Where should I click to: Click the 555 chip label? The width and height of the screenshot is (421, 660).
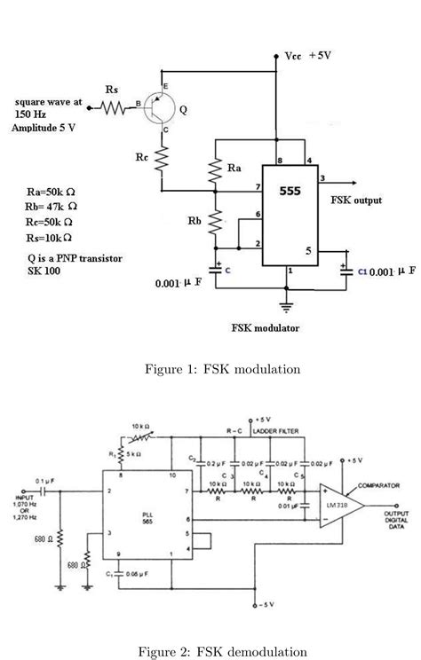(290, 192)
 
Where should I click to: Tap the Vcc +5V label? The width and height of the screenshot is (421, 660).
(308, 56)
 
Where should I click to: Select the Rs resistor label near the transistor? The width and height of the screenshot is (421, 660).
(112, 90)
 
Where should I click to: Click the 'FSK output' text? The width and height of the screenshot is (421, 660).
(356, 200)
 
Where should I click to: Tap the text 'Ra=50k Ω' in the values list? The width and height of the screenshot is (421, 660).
(51, 192)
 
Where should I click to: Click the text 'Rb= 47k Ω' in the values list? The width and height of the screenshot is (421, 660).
(51, 207)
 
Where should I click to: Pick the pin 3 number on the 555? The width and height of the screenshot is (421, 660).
(322, 177)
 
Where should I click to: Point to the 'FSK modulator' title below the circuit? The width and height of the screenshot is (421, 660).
(266, 327)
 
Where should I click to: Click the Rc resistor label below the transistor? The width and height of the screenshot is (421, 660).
(142, 158)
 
